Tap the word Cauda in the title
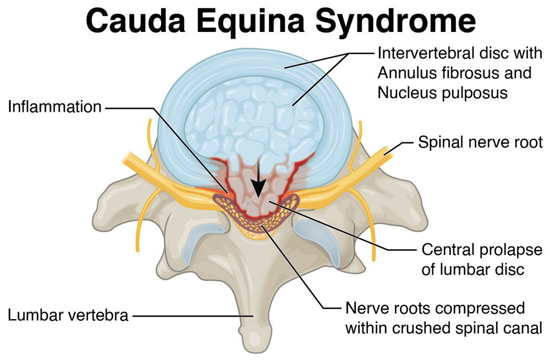[135, 20]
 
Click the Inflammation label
[54, 107]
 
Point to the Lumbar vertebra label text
[68, 315]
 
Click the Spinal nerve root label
[480, 143]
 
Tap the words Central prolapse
[482, 250]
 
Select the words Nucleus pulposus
[443, 93]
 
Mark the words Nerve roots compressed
[435, 308]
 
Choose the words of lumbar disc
[473, 270]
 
